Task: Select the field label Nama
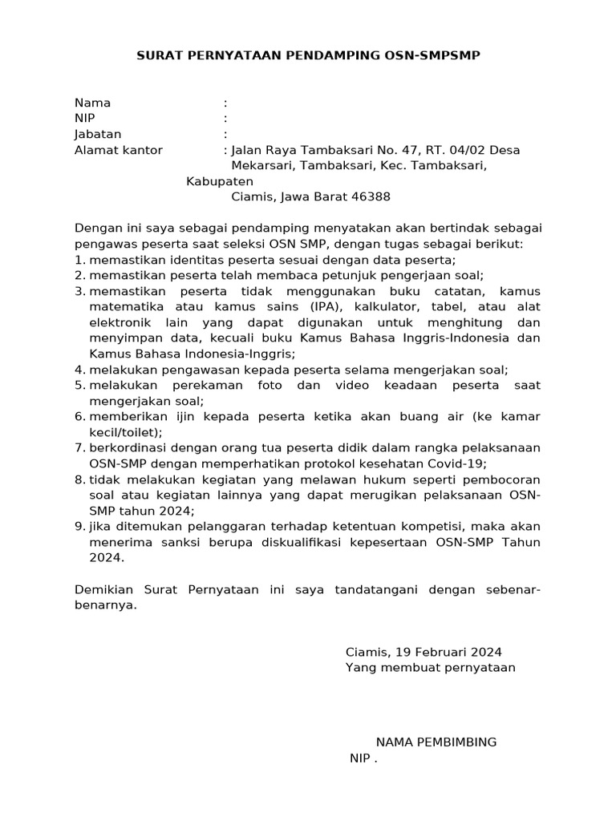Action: click(92, 103)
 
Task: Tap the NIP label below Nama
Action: click(84, 119)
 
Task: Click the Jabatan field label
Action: click(98, 134)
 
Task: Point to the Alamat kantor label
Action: click(118, 150)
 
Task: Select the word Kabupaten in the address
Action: click(220, 181)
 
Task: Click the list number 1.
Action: click(79, 260)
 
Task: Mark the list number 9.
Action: click(79, 526)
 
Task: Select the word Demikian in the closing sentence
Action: click(104, 589)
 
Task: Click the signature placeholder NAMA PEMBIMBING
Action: click(436, 742)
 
